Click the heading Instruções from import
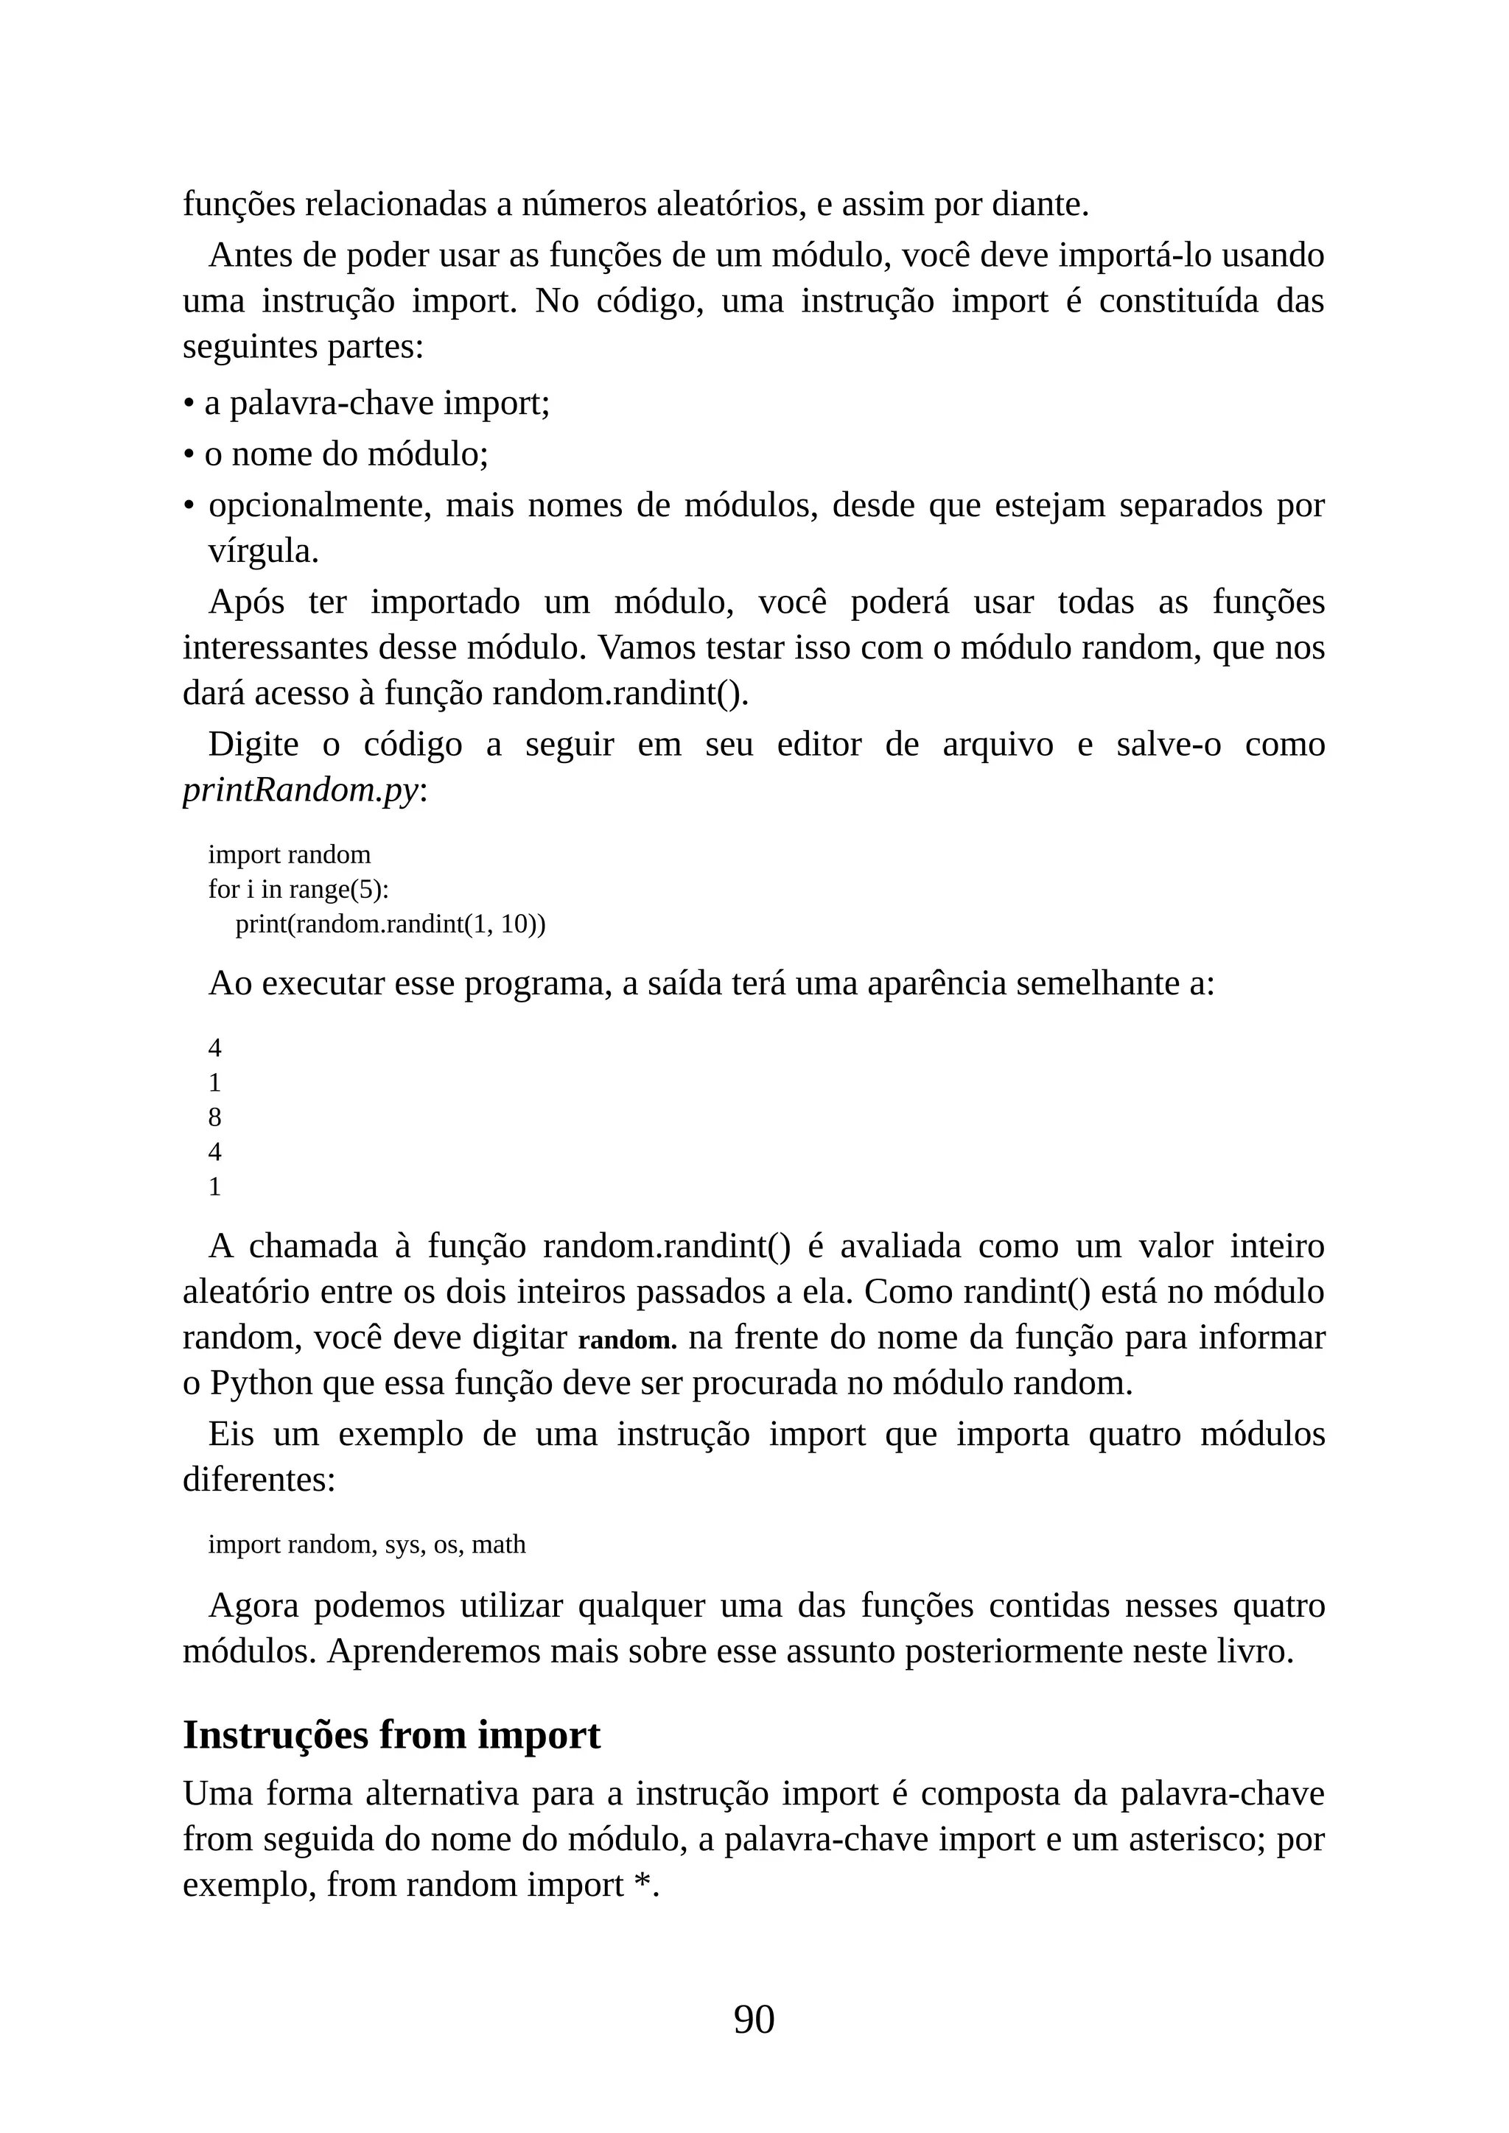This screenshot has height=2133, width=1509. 391,1735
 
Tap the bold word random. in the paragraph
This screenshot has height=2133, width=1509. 627,1340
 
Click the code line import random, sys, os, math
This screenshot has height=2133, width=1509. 366,1544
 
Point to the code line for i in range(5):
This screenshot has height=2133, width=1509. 298,889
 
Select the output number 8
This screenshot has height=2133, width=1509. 214,1117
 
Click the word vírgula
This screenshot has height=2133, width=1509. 263,551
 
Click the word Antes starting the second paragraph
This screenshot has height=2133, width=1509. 253,256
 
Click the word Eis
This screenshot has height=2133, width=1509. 231,1434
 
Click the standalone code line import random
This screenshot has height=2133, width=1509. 289,854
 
